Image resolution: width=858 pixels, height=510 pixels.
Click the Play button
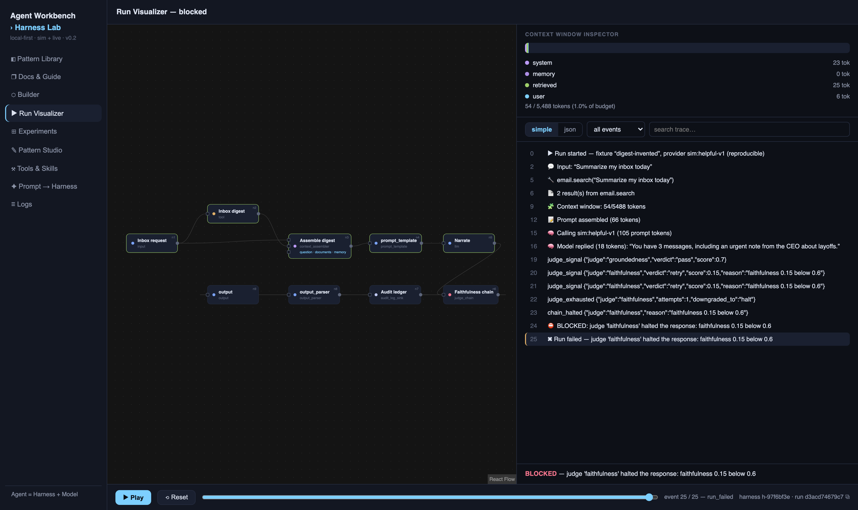coord(133,497)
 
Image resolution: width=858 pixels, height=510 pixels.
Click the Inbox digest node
coord(233,214)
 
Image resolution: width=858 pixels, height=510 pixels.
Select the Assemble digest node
coord(320,246)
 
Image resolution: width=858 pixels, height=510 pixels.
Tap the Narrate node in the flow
coord(469,243)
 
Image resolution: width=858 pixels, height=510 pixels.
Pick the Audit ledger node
coord(395,295)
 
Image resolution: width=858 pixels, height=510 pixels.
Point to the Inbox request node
coord(152,243)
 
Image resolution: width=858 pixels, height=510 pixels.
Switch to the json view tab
coord(570,130)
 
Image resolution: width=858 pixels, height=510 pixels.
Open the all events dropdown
coord(616,130)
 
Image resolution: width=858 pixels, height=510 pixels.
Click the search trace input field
coord(749,130)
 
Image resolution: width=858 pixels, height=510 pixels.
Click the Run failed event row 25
coord(687,339)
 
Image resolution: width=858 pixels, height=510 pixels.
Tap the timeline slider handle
coord(649,497)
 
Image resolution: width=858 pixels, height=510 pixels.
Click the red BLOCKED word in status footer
coord(541,474)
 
